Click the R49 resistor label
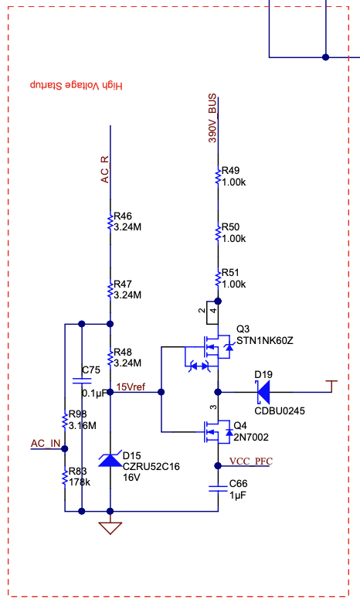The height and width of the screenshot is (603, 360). (x=230, y=170)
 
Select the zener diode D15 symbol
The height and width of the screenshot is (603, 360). (x=110, y=459)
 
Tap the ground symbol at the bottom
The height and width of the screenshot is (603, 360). (x=110, y=528)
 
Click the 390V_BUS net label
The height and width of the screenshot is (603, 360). (x=212, y=118)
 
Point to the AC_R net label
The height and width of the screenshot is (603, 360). (x=105, y=169)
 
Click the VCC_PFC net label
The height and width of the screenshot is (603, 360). (x=251, y=461)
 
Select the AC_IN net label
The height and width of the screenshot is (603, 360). (x=46, y=444)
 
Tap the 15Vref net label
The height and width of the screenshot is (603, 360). (x=131, y=387)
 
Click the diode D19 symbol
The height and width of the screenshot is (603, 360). (x=263, y=392)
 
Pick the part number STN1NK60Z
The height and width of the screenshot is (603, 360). (x=265, y=341)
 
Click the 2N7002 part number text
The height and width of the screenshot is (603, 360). (x=251, y=438)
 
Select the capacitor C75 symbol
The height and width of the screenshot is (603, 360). (x=82, y=380)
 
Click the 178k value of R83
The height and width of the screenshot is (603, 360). (x=79, y=482)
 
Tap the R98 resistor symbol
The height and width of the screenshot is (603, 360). (x=65, y=420)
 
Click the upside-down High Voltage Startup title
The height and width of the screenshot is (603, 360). (x=76, y=85)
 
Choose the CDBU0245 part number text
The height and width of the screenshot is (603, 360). (x=280, y=411)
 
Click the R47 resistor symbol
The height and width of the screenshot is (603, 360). (x=110, y=289)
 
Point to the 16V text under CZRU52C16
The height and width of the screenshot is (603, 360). (x=131, y=478)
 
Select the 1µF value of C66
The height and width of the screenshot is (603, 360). (x=238, y=496)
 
